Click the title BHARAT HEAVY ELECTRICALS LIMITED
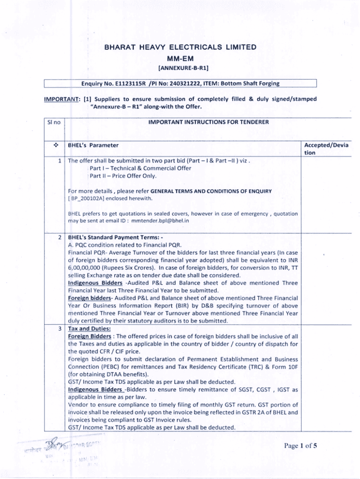click(x=180, y=47)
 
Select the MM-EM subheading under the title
click(x=180, y=59)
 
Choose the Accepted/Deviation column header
click(x=326, y=149)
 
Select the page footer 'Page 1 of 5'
click(x=301, y=445)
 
